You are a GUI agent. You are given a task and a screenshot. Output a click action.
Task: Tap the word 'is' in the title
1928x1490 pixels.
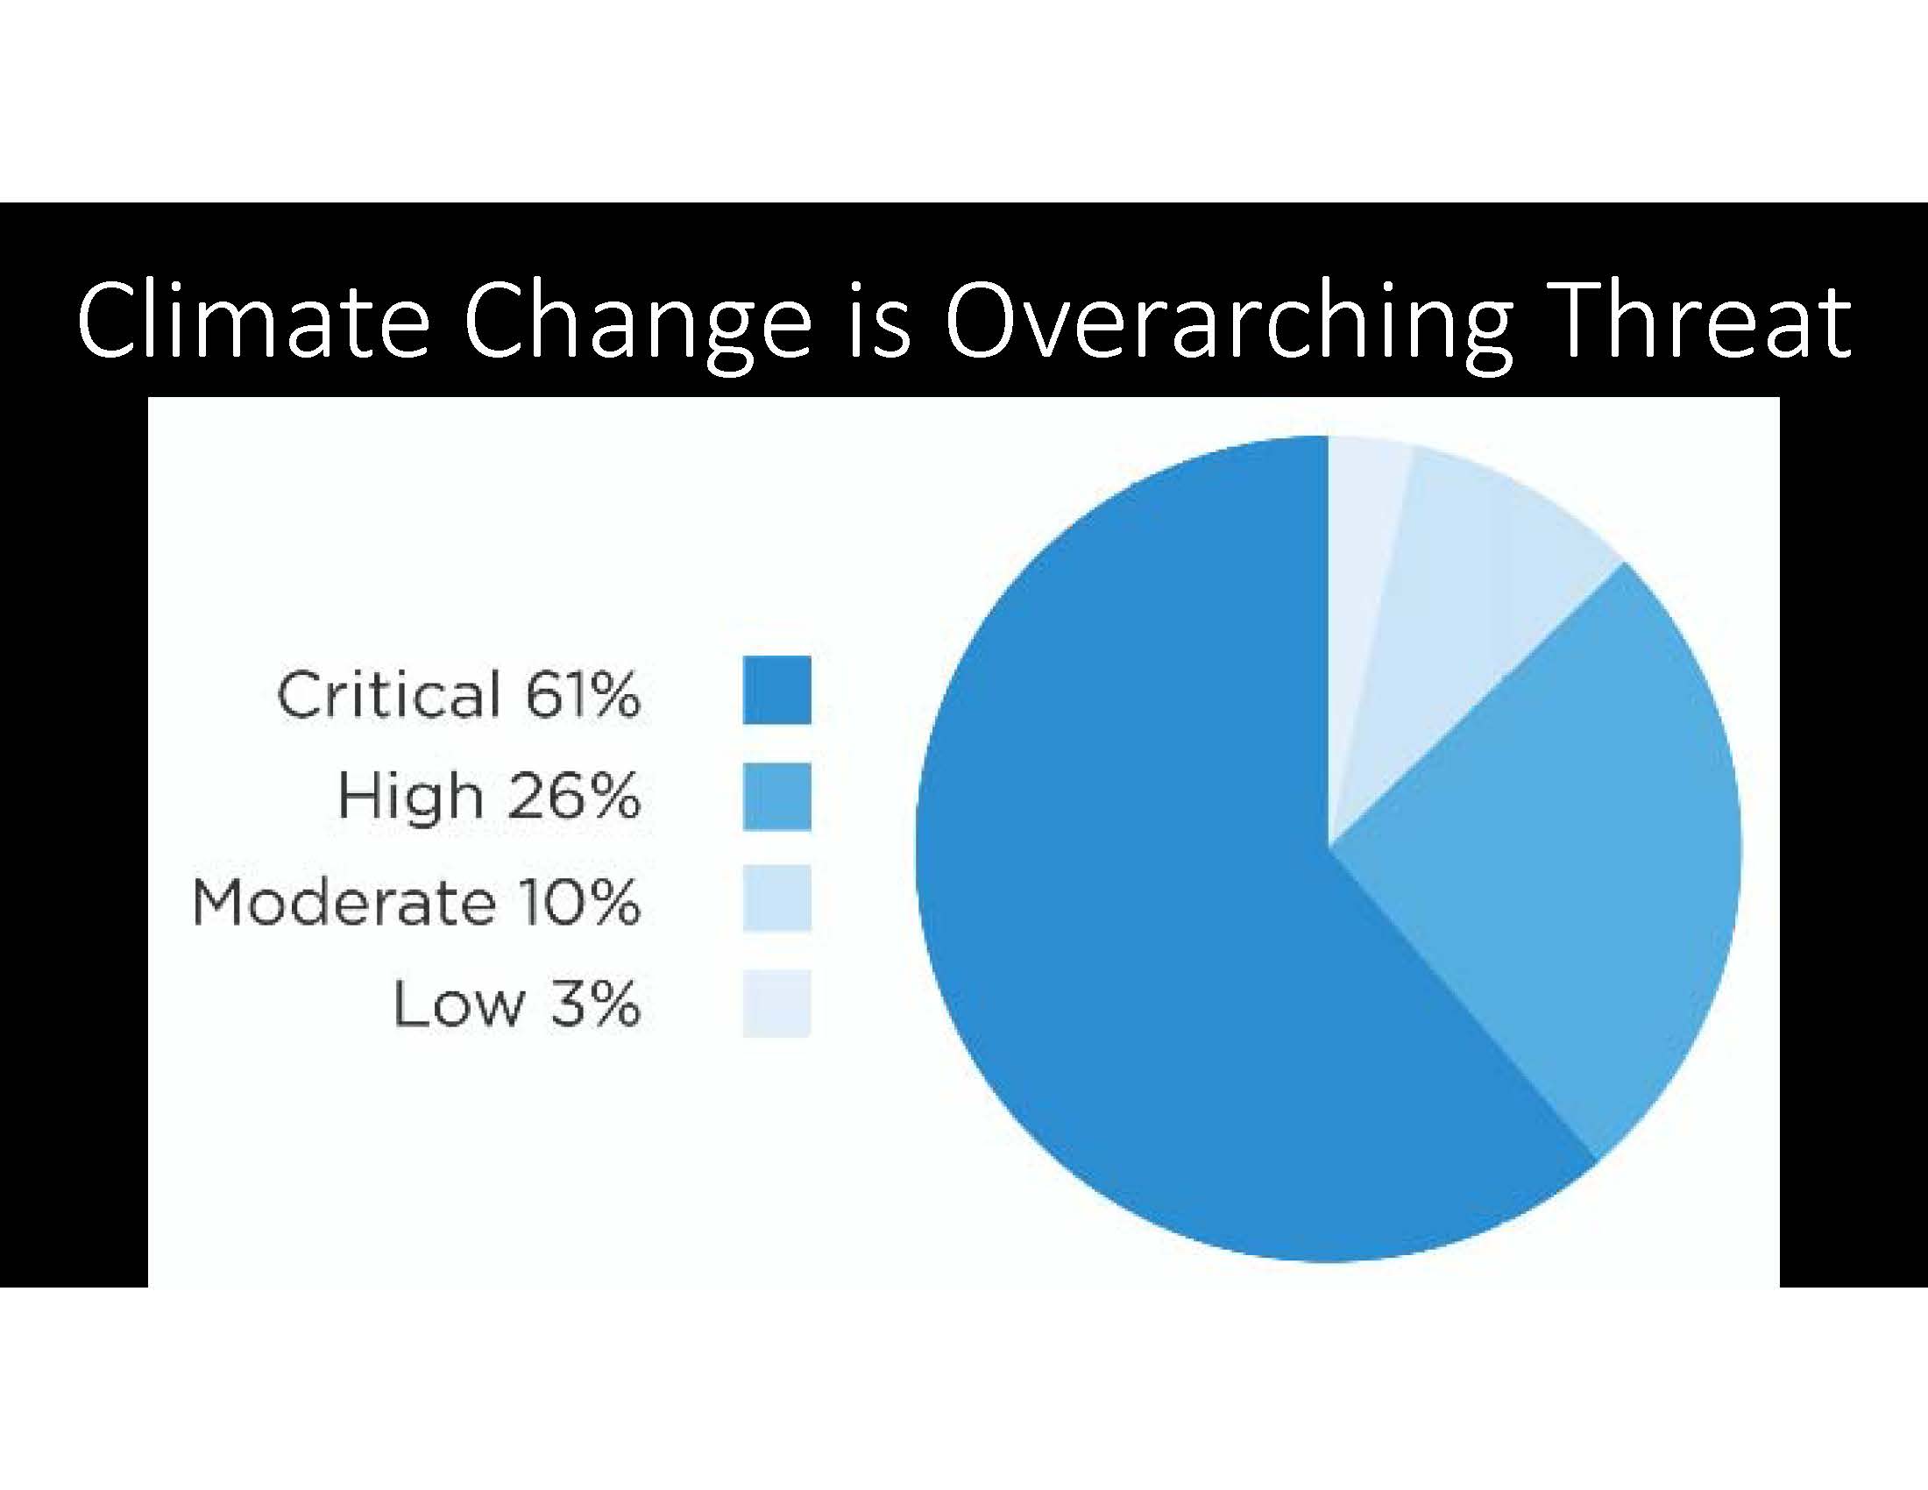877,323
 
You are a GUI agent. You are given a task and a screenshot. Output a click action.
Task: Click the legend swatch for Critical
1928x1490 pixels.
776,691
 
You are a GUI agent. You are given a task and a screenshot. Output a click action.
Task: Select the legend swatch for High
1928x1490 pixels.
776,796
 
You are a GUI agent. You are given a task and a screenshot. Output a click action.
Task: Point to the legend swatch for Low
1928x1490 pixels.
776,1004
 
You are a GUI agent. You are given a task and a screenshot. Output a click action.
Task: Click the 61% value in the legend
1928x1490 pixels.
584,695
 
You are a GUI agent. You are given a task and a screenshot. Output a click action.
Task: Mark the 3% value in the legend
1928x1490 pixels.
596,1004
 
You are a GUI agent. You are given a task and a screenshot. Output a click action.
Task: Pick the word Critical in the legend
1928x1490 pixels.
389,695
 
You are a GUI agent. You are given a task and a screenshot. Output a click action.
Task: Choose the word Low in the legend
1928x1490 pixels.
459,1004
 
